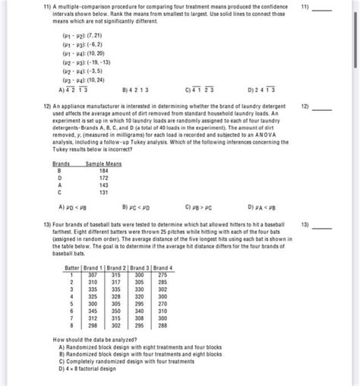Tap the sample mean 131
(x=103, y=191)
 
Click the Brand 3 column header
(x=141, y=268)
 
